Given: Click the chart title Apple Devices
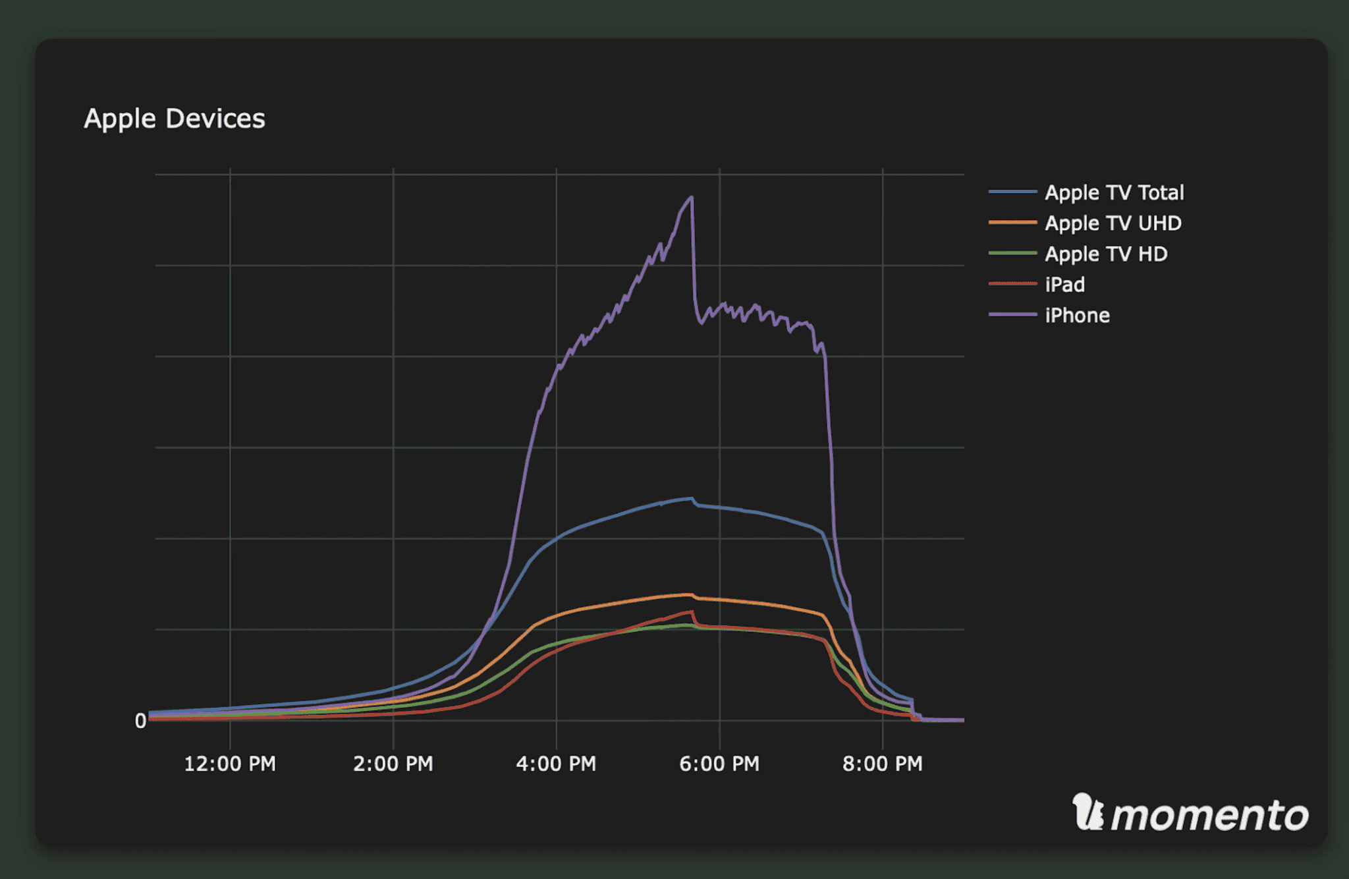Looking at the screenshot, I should click(x=175, y=119).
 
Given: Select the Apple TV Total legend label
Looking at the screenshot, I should click(x=1114, y=192).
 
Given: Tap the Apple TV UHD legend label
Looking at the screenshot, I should click(x=1113, y=223).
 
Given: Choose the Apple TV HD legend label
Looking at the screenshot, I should click(x=1106, y=254).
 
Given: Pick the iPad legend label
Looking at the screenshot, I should click(x=1064, y=285).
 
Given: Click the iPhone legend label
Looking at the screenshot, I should click(x=1077, y=315).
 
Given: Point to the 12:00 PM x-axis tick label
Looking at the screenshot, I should click(x=229, y=764).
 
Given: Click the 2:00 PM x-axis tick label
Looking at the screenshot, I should click(x=393, y=764).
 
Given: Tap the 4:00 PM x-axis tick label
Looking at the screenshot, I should click(x=556, y=764).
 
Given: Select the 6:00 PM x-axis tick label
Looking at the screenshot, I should click(x=719, y=764).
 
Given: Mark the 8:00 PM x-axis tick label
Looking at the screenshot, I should click(x=883, y=764).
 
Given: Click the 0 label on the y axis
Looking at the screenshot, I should click(x=140, y=721).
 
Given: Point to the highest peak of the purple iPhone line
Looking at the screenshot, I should click(x=691, y=197).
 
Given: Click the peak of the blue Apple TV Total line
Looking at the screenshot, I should click(x=691, y=499).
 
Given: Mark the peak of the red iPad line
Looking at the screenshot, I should click(x=692, y=612).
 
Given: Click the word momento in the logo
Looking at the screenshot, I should click(x=1209, y=816).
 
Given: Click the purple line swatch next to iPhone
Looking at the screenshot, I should click(x=1012, y=315).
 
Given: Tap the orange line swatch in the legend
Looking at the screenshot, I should click(x=1012, y=223).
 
